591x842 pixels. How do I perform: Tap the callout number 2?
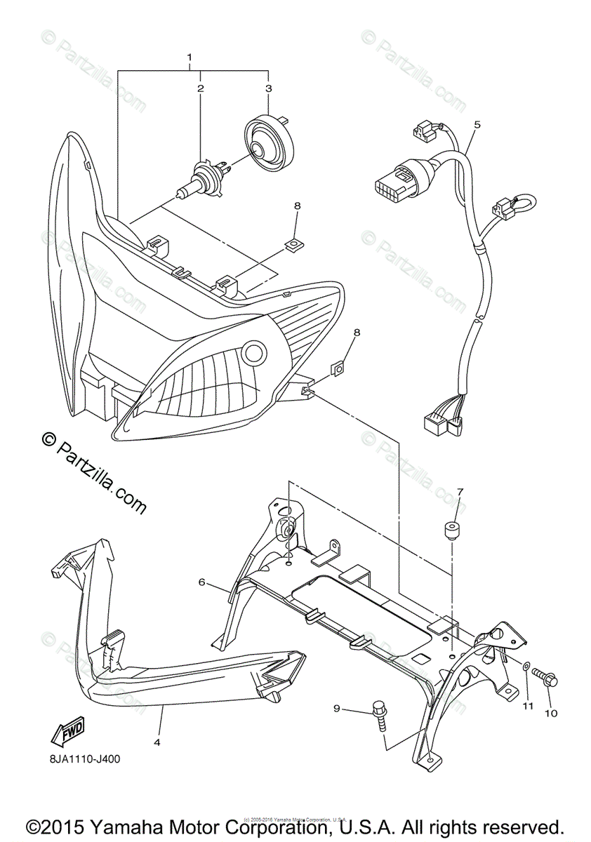pos(200,88)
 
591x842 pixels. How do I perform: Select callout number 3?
pos(267,88)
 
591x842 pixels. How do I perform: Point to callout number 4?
pos(157,741)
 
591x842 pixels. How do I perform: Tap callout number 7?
pos(460,491)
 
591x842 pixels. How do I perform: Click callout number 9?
pos(336,709)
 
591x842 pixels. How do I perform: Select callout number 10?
pos(551,714)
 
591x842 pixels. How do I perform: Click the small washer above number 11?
pos(526,664)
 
